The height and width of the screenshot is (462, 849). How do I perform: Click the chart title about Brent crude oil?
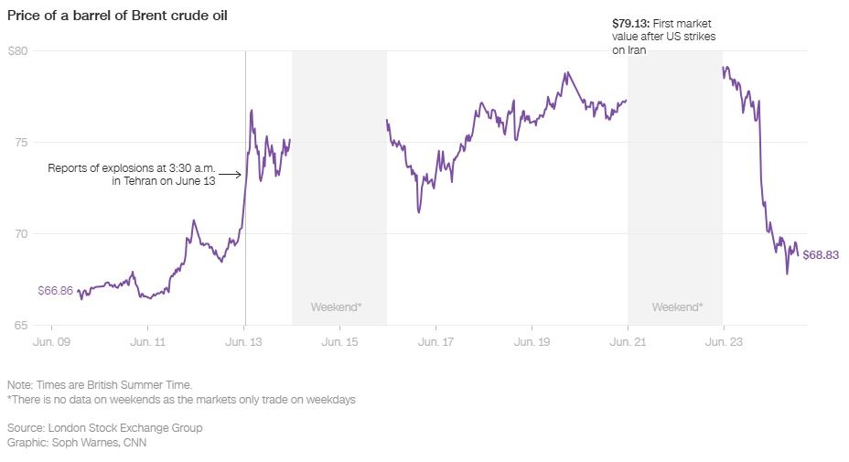point(117,16)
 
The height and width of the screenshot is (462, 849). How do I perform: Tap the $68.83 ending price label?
point(821,255)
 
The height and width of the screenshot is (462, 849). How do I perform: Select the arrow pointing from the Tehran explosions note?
point(231,174)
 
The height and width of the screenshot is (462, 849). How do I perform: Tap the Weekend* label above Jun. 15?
point(337,306)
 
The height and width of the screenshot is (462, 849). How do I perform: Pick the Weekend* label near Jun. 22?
point(677,306)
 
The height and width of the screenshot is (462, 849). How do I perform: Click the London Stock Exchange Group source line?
point(104,427)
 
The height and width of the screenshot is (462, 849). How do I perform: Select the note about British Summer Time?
point(99,385)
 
